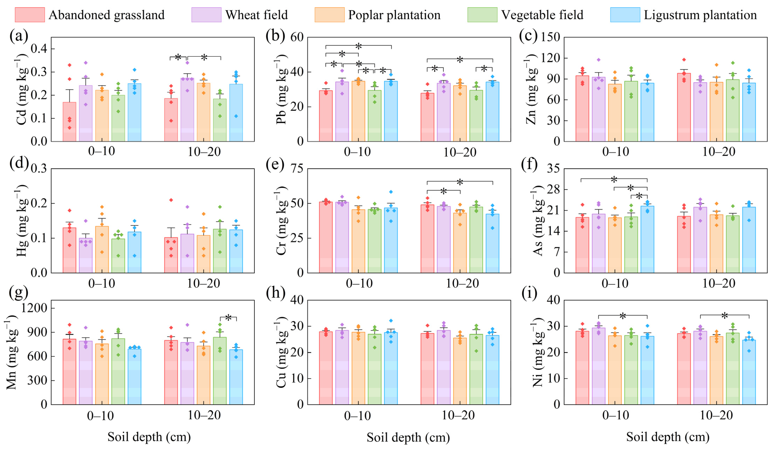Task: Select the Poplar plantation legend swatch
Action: coord(329,15)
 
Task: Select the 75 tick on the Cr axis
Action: coord(296,169)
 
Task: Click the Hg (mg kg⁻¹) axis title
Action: coord(21,221)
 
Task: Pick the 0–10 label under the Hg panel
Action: coord(101,283)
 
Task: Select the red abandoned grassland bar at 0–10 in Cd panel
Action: coord(69,122)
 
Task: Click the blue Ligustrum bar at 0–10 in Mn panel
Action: coord(134,377)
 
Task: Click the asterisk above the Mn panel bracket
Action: coord(228,318)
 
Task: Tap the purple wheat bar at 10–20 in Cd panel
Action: coord(187,110)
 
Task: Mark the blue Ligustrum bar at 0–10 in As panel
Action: coord(647,239)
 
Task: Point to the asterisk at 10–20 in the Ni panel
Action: coord(725,316)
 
